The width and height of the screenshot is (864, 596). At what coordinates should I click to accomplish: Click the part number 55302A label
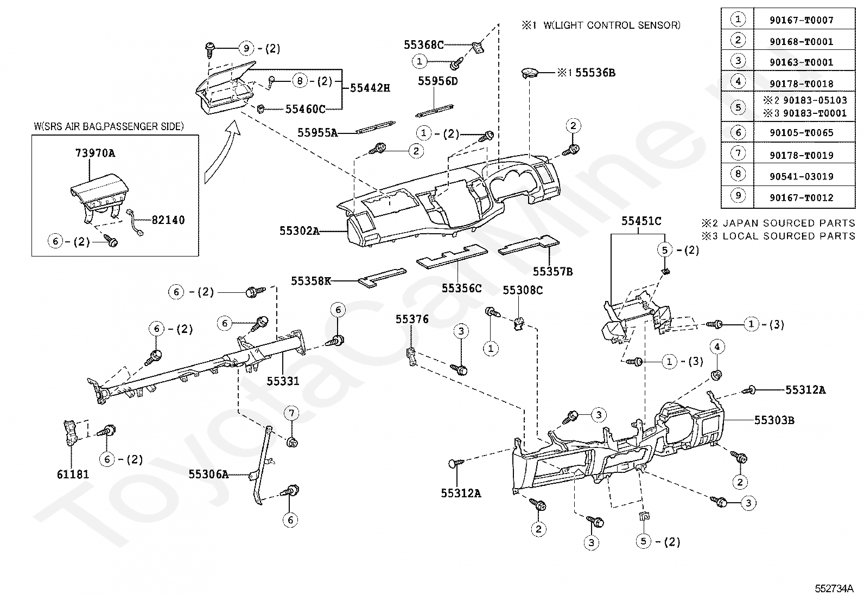(300, 231)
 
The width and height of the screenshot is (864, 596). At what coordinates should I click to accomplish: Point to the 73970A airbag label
(95, 153)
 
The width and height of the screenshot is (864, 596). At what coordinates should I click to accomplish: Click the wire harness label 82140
(168, 220)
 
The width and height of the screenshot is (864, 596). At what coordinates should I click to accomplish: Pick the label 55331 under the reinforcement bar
(283, 381)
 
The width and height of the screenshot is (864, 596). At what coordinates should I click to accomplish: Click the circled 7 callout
(291, 413)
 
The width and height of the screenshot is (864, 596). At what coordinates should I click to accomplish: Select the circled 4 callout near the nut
(717, 347)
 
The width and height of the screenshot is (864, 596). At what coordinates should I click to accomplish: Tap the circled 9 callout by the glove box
(246, 49)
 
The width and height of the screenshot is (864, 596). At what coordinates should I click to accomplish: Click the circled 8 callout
(300, 81)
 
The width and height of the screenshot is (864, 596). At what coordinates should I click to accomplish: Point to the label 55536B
(595, 73)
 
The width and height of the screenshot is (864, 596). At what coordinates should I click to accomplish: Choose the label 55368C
(423, 45)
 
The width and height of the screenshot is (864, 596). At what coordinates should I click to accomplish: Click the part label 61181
(73, 475)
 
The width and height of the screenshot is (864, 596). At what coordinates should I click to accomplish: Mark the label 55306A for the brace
(208, 474)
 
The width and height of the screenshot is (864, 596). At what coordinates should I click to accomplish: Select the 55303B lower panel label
(774, 420)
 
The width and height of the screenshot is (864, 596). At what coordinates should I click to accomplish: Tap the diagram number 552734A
(834, 588)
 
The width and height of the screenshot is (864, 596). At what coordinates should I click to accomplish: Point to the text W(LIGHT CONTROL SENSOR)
(612, 25)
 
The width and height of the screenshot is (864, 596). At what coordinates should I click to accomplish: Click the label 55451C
(641, 221)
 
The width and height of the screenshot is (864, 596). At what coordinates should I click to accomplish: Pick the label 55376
(412, 319)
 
